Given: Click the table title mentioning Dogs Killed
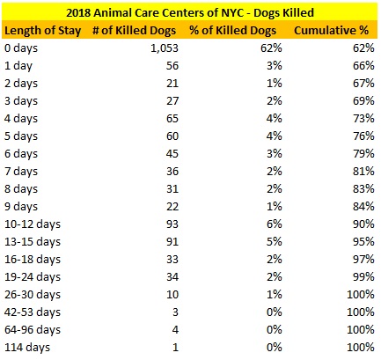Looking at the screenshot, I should click(190, 11).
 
